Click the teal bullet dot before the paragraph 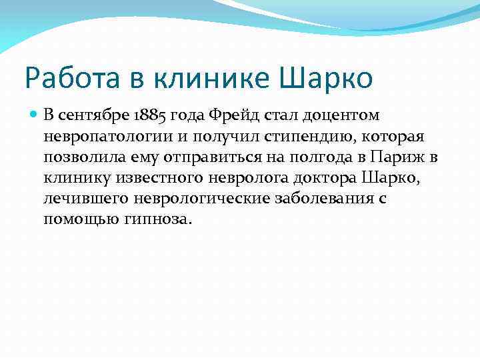point(34,115)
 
